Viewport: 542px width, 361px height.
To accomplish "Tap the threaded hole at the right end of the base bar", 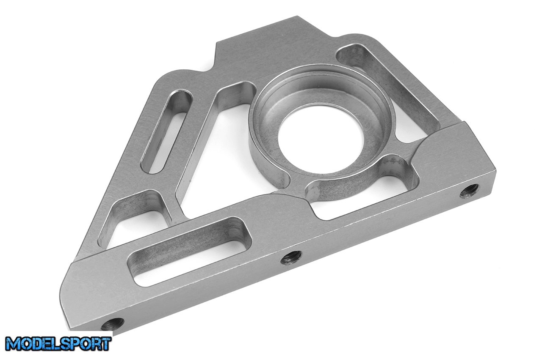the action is (x=469, y=191).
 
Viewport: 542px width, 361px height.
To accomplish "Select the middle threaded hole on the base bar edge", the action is (x=291, y=257).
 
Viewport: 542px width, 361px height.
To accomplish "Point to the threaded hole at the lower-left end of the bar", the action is (x=113, y=324).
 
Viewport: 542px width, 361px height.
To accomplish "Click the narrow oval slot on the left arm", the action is (x=166, y=132).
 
